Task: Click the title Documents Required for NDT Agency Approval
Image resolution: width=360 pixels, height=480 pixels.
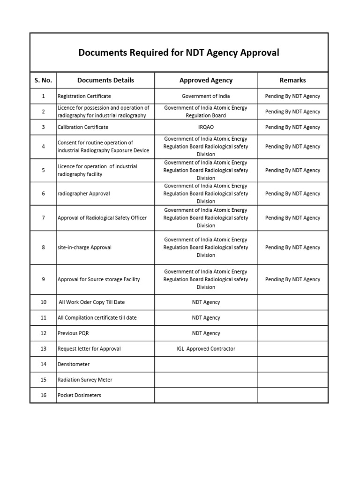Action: pyautogui.click(x=179, y=52)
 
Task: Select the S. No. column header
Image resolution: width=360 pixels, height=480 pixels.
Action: pyautogui.click(x=43, y=80)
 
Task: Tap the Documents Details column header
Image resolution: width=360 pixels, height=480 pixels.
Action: pyautogui.click(x=105, y=80)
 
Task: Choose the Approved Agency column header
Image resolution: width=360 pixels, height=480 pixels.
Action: pyautogui.click(x=206, y=80)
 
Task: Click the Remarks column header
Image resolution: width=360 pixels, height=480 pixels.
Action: pyautogui.click(x=292, y=80)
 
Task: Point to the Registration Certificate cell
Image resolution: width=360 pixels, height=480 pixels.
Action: pyautogui.click(x=84, y=96)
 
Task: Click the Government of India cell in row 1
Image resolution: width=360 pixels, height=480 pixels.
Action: pyautogui.click(x=206, y=96)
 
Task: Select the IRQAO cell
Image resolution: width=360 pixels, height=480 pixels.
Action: pyautogui.click(x=206, y=127)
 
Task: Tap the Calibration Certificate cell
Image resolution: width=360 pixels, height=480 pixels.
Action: pyautogui.click(x=83, y=127)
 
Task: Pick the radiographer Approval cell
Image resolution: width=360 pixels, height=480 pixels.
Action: pyautogui.click(x=84, y=194)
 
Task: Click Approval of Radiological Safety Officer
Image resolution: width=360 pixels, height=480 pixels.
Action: pyautogui.click(x=102, y=218)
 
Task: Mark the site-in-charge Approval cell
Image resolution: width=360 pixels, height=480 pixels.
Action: pyautogui.click(x=84, y=247)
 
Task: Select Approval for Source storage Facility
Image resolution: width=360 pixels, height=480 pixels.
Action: pyautogui.click(x=99, y=279)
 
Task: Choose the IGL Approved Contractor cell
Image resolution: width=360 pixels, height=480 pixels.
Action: pyautogui.click(x=206, y=349)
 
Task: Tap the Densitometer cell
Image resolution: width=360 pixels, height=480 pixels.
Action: pyautogui.click(x=74, y=364)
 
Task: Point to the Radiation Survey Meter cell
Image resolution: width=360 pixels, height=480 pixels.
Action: pyautogui.click(x=85, y=380)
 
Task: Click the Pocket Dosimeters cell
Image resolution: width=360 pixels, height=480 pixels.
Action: pyautogui.click(x=79, y=395)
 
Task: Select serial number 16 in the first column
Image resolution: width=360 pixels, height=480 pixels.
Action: pyautogui.click(x=43, y=395)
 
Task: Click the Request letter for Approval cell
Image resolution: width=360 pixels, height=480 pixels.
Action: pyautogui.click(x=89, y=349)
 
